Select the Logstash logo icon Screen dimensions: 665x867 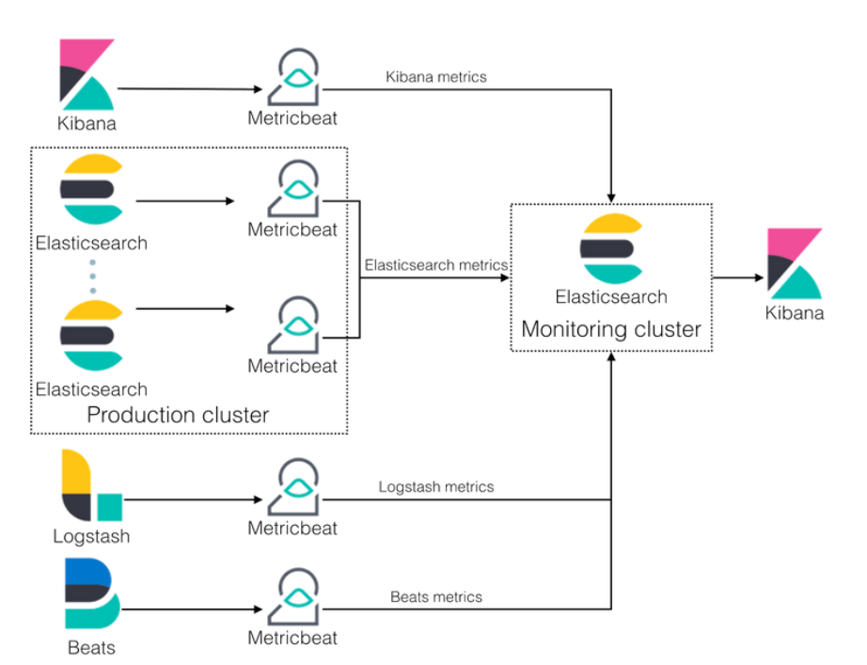coord(90,486)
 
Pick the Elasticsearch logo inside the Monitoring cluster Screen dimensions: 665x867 coord(611,249)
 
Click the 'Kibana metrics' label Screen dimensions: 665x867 coord(436,76)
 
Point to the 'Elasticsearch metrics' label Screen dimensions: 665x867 coord(436,265)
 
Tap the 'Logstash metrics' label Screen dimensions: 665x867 coord(436,486)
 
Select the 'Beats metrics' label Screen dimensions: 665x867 coord(436,596)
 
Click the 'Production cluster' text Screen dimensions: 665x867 coord(178,415)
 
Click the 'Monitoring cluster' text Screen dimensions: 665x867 coord(611,329)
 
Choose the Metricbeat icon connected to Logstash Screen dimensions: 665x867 coord(292,488)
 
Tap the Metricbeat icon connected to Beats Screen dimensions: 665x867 coord(292,598)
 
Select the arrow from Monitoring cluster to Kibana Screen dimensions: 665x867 coord(738,277)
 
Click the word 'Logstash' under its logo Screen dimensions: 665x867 coord(91,537)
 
